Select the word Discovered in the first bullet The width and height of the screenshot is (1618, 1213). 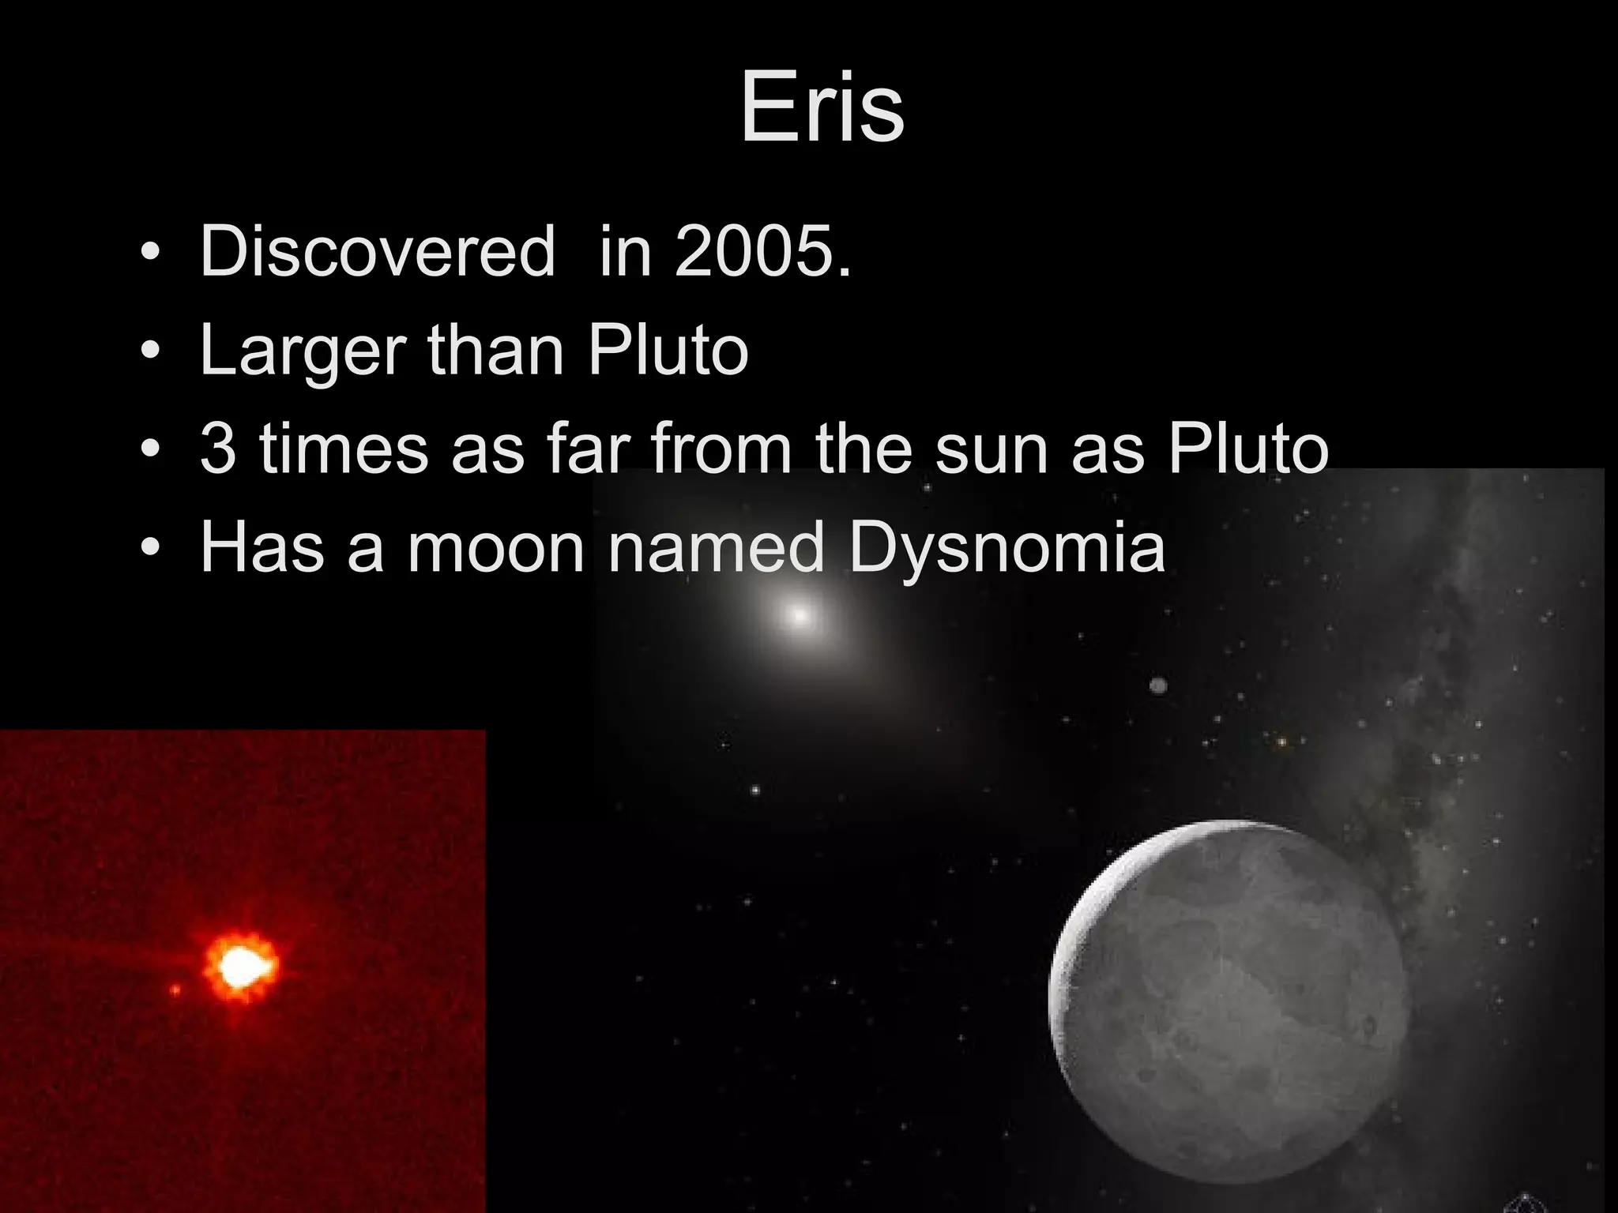(x=378, y=252)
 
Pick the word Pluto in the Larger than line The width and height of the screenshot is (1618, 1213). (x=668, y=350)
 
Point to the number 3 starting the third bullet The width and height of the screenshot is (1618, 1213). (x=217, y=449)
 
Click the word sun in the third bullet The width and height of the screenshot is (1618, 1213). (x=994, y=449)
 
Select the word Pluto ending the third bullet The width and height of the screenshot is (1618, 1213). (x=1248, y=449)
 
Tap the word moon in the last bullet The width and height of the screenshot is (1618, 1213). (x=495, y=547)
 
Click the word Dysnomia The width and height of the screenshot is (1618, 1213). (x=1007, y=547)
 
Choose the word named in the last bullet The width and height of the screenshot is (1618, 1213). (x=716, y=547)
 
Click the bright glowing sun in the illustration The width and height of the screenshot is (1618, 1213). (x=800, y=615)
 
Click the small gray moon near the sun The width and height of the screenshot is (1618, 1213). (x=1158, y=685)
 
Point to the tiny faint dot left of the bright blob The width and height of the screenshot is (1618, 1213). (x=175, y=989)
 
